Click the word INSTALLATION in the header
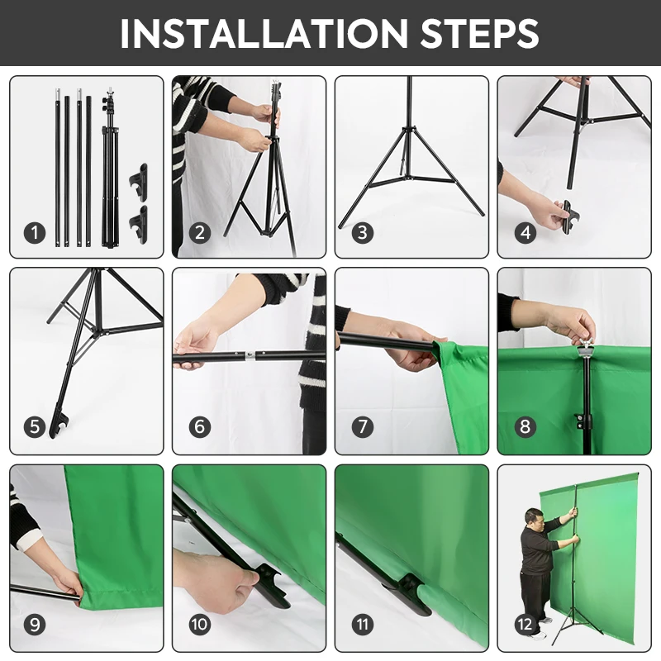[x=264, y=34]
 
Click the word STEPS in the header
[x=480, y=34]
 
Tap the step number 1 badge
[x=35, y=233]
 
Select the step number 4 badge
[x=525, y=233]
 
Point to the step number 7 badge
[x=363, y=426]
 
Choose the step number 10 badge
[x=200, y=625]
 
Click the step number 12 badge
[x=525, y=625]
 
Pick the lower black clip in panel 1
[x=139, y=224]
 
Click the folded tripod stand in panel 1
[x=110, y=169]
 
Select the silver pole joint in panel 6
[x=250, y=356]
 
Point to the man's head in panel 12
[x=532, y=518]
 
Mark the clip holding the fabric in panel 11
[x=411, y=592]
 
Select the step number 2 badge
[x=200, y=233]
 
